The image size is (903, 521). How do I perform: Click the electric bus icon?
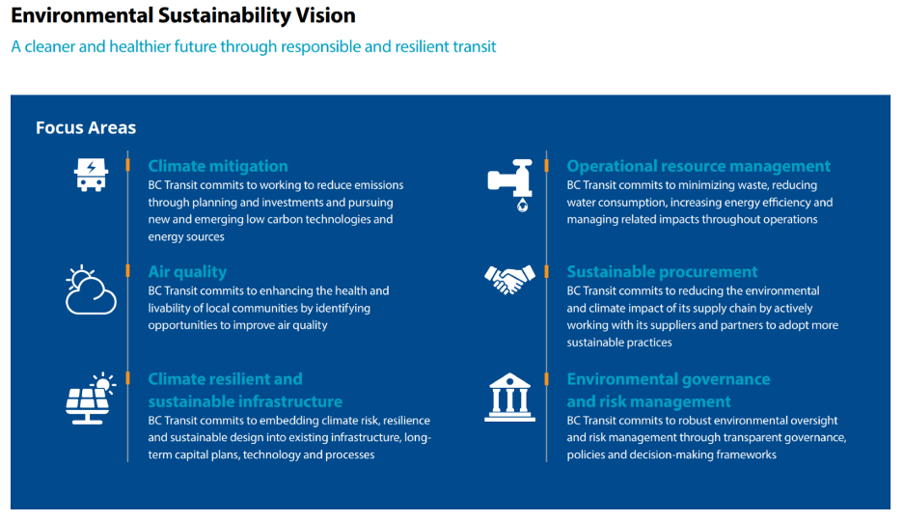(91, 175)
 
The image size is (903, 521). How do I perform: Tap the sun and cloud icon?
(91, 290)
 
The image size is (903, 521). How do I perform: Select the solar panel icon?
(91, 398)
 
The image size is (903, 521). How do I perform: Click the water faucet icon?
(509, 185)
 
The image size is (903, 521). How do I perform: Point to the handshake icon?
(509, 280)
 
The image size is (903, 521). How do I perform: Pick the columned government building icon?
(509, 398)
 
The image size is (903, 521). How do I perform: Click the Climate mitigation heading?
(218, 166)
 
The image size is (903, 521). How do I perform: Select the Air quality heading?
(187, 272)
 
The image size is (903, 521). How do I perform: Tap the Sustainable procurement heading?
(662, 272)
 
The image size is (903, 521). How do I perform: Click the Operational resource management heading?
(698, 166)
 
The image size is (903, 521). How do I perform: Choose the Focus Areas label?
(86, 127)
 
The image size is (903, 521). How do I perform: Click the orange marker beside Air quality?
(128, 271)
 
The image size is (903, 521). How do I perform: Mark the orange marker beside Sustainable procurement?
(546, 271)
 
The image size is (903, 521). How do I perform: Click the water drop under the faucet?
(522, 206)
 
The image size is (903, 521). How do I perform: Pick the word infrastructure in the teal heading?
(291, 401)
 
